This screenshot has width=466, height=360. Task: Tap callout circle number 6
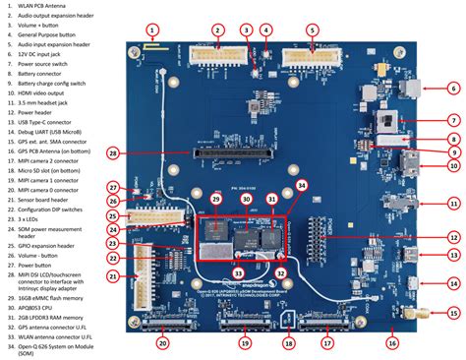[453, 89]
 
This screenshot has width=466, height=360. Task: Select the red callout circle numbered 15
[453, 314]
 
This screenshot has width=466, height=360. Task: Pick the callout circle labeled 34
[302, 185]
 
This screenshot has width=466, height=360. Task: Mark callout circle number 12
[453, 237]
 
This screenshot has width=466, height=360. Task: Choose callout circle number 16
[391, 343]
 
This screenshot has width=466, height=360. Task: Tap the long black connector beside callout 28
[233, 153]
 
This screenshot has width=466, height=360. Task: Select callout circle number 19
[242, 343]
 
